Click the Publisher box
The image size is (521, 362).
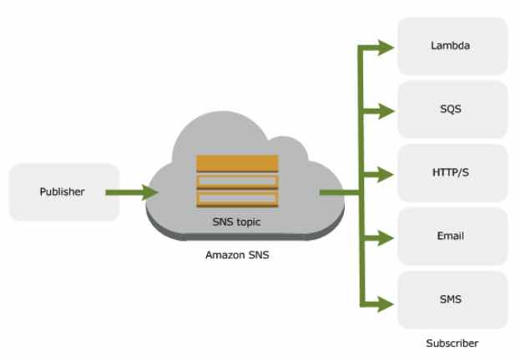click(63, 192)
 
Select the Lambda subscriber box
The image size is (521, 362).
click(452, 46)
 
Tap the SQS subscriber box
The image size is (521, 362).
click(452, 110)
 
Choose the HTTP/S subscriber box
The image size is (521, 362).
click(452, 173)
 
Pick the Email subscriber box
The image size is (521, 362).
click(452, 237)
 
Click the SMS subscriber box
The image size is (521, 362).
click(452, 299)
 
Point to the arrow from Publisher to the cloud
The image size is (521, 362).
click(132, 192)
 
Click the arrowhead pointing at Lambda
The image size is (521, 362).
click(385, 46)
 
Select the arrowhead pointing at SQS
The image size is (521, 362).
click(385, 110)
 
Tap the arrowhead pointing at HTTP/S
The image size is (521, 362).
click(385, 174)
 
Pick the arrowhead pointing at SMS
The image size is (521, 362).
click(385, 302)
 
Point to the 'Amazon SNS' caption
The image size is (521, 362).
click(237, 254)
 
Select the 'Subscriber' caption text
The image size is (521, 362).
click(451, 343)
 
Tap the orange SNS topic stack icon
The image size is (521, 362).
click(237, 180)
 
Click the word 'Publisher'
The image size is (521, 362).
click(63, 192)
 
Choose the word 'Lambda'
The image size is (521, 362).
click(452, 46)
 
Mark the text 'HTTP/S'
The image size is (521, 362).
click(452, 173)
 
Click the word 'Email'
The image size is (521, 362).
click(452, 237)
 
